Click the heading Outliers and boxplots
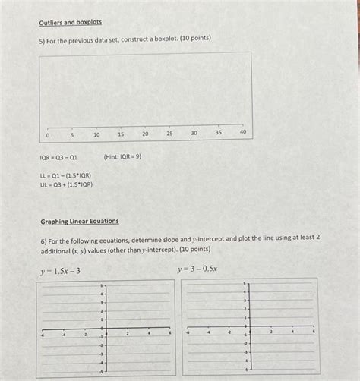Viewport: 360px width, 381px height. [70, 22]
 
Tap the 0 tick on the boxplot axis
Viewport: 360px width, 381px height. [47, 134]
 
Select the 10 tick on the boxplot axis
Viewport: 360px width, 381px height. [96, 134]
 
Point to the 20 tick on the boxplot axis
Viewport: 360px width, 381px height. [145, 134]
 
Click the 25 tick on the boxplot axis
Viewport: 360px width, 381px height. [169, 133]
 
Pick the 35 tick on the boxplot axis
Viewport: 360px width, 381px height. [218, 132]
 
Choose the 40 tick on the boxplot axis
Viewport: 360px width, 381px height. [242, 131]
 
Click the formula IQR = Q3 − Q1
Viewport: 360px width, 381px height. [58, 157]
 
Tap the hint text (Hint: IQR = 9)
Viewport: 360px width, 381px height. [122, 156]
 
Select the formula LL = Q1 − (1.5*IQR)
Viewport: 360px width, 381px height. [66, 175]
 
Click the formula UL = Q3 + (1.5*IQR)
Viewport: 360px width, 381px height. [67, 184]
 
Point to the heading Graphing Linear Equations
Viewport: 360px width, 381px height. [79, 221]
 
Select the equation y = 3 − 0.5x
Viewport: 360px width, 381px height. [197, 269]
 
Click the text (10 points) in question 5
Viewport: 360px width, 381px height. [193, 38]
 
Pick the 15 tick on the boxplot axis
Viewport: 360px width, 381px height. [121, 134]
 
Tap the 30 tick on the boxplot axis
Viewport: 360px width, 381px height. [194, 133]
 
